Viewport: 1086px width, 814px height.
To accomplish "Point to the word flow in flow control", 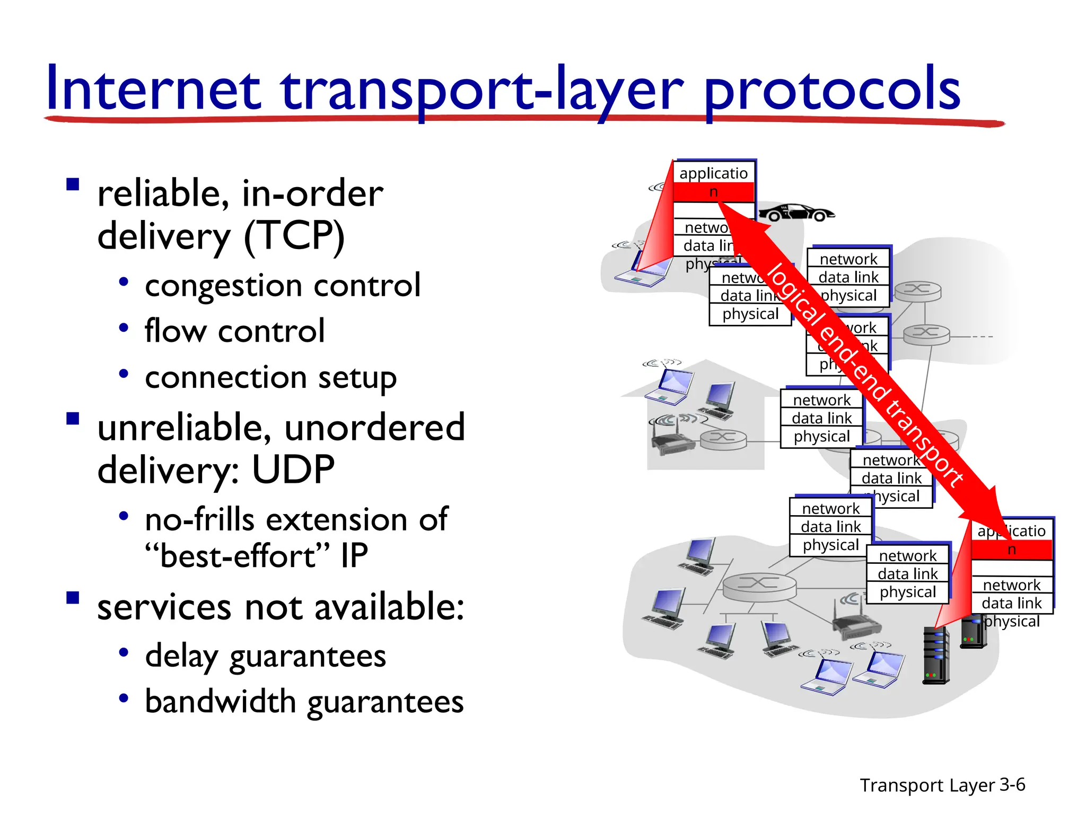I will [175, 331].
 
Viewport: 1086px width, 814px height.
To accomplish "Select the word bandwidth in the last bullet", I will [221, 702].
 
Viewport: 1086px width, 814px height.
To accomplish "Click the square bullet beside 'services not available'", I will [73, 598].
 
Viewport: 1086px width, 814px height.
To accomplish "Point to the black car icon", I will [795, 213].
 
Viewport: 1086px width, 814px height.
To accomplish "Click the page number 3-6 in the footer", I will [1012, 784].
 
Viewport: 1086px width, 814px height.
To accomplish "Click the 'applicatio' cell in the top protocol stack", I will [713, 173].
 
